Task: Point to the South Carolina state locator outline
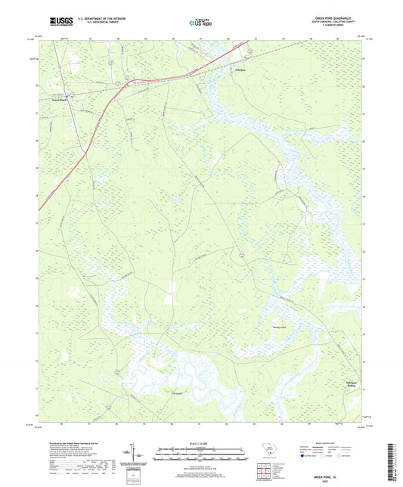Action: click(263, 446)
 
